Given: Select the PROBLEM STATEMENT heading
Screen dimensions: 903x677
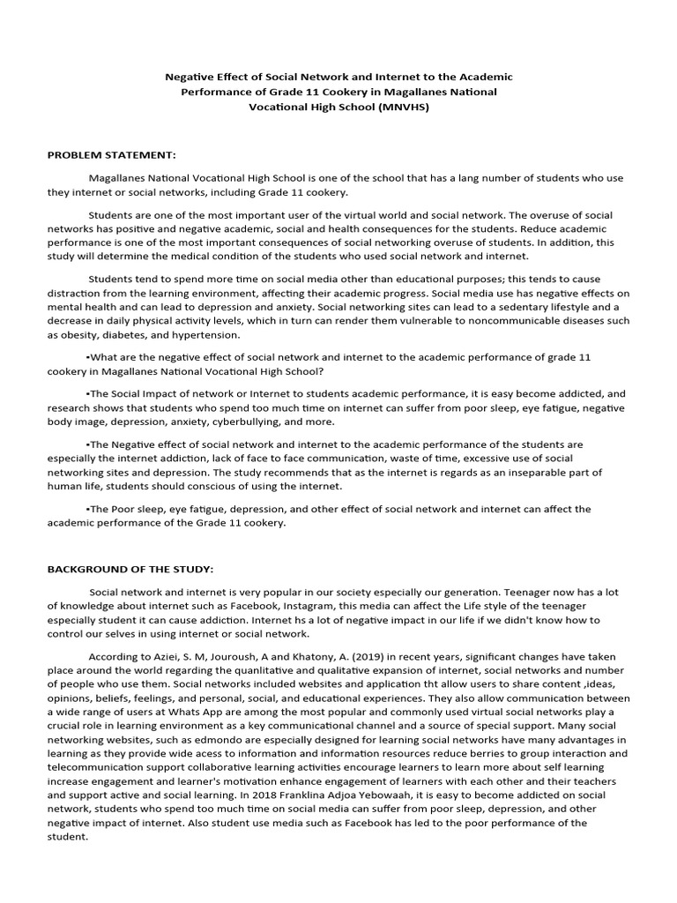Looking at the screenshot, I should pos(112,155).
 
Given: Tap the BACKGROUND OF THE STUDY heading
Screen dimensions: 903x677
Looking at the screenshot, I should pos(130,569).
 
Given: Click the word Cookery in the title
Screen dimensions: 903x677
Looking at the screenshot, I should pos(310,92).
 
